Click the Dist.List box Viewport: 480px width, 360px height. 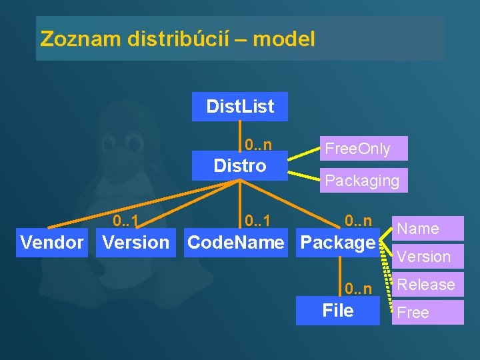[240, 107]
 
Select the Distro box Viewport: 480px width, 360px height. [240, 165]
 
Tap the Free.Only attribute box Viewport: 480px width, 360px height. [363, 148]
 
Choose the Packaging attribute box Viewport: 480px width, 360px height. [363, 180]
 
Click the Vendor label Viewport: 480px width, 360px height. [52, 243]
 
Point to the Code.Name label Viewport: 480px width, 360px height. [235, 243]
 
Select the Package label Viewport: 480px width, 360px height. [339, 243]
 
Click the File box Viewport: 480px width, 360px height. [337, 311]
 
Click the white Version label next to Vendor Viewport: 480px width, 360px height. [135, 243]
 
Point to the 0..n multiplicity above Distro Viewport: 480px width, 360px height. [258, 145]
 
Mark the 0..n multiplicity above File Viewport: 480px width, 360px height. [358, 289]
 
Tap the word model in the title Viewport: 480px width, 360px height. [284, 39]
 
